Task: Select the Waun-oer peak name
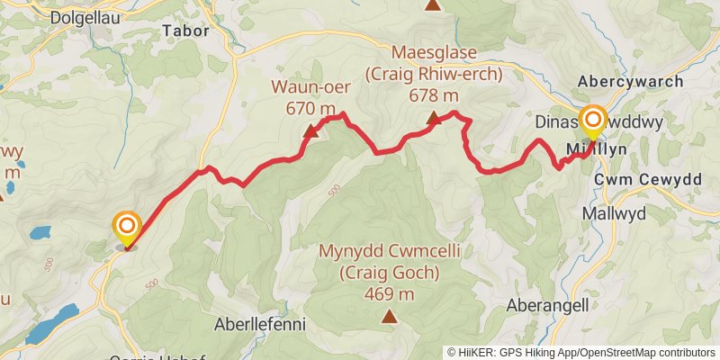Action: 310,87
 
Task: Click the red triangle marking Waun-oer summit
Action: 310,132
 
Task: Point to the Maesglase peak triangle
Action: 433,118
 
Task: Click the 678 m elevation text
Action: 433,95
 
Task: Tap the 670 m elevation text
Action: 310,108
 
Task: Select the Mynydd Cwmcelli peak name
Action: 390,252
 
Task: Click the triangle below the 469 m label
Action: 389,316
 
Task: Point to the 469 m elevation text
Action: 390,293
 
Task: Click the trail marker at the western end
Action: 127,226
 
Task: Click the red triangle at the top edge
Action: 434,4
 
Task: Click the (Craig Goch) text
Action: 390,273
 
